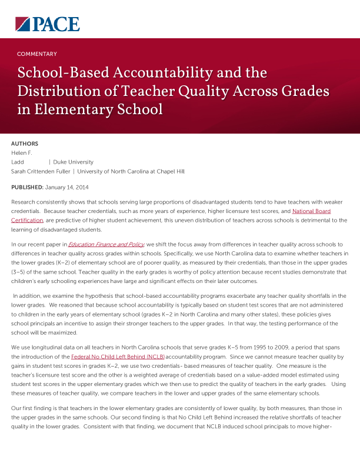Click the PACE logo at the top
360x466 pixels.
[x=47, y=24]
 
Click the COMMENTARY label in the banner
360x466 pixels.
[x=36, y=54]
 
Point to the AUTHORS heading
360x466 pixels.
[x=25, y=144]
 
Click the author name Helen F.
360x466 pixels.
[x=22, y=153]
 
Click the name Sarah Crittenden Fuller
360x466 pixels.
[x=40, y=171]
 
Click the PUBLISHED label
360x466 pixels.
[x=27, y=187]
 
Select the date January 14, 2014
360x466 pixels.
[x=67, y=187]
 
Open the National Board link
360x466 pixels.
[x=311, y=211]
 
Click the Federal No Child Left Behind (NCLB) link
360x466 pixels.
[x=118, y=357]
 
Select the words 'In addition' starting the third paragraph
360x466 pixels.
[x=26, y=296]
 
